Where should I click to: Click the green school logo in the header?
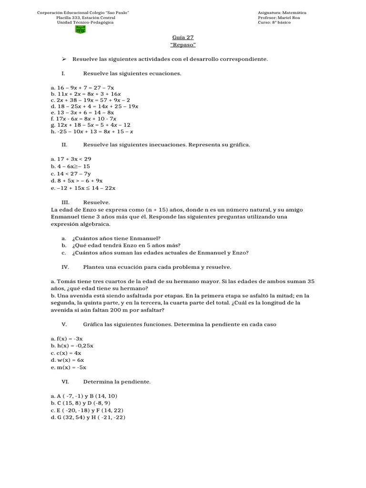click(81, 29)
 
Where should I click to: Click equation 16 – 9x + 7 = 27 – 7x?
click(82, 88)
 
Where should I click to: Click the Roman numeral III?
click(66, 203)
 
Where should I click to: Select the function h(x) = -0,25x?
click(72, 346)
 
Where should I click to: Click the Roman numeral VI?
click(66, 382)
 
